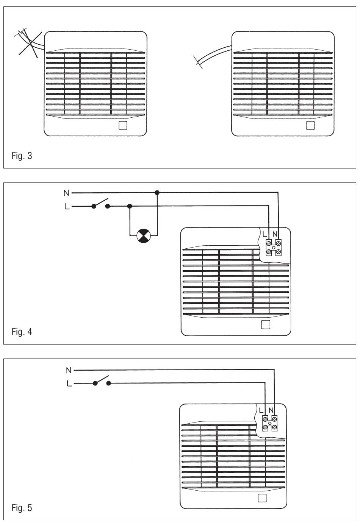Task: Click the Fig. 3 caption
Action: tap(22, 156)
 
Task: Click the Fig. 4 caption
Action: tap(22, 332)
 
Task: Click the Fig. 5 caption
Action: tap(22, 508)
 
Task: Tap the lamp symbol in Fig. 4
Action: tap(144, 236)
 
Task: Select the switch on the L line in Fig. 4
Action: tap(101, 204)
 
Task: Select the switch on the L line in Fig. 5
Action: tap(101, 380)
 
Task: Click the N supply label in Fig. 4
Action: tap(66, 193)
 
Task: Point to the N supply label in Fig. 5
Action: tap(69, 370)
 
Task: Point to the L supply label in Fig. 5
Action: tap(69, 384)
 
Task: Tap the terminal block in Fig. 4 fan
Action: tap(274, 247)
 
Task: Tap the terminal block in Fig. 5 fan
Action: tap(269, 423)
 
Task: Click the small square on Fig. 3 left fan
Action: tap(122, 125)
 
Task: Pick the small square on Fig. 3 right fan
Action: tap(310, 125)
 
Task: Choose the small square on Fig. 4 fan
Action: tap(266, 324)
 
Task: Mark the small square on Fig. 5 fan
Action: tap(262, 498)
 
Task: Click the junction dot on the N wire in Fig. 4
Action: tap(157, 193)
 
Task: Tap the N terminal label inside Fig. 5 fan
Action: tap(271, 410)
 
